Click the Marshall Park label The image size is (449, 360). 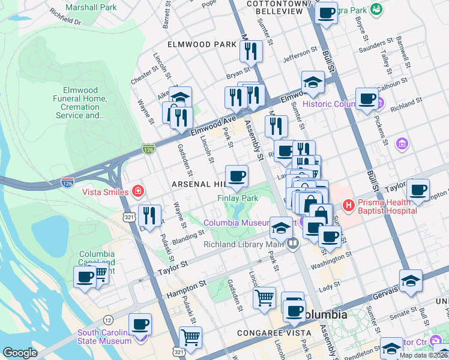click(91, 8)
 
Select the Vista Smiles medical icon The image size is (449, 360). click(139, 191)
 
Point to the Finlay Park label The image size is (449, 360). click(238, 197)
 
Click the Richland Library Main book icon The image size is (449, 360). click(293, 244)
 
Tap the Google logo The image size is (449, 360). click(20, 353)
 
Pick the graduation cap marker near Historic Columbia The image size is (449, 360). click(313, 83)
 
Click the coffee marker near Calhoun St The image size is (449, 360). click(366, 98)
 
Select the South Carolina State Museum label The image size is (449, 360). click(103, 337)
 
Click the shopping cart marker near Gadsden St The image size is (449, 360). click(264, 298)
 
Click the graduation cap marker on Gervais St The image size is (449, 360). click(411, 281)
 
